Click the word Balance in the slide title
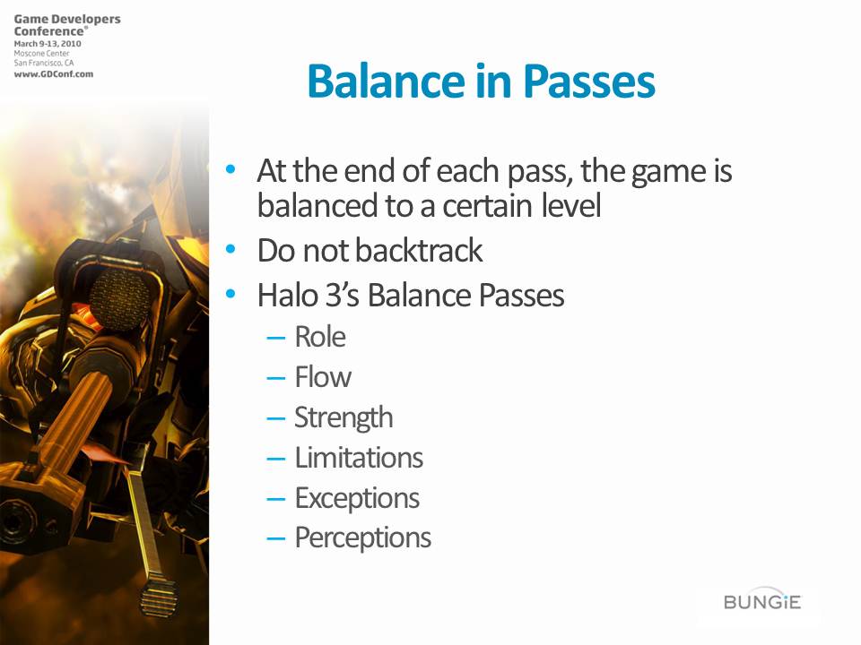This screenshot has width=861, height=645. (x=387, y=82)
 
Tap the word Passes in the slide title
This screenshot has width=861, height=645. (x=588, y=82)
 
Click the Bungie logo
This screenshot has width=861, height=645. (x=762, y=602)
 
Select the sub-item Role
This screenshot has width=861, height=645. (x=320, y=336)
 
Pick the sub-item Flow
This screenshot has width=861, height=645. (x=323, y=377)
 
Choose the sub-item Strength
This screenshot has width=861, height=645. (x=344, y=418)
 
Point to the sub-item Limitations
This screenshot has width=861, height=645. (x=359, y=458)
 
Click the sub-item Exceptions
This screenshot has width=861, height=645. (x=357, y=499)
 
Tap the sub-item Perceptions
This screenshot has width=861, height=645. (x=363, y=538)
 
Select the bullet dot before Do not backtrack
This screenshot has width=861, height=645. (x=230, y=250)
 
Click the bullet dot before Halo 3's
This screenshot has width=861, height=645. (x=230, y=295)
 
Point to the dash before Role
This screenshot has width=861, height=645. (x=275, y=338)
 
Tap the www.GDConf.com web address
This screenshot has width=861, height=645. (x=53, y=74)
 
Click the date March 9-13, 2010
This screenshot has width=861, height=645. (x=48, y=43)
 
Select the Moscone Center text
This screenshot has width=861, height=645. (x=42, y=53)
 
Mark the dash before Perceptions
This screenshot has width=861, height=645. (x=275, y=539)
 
